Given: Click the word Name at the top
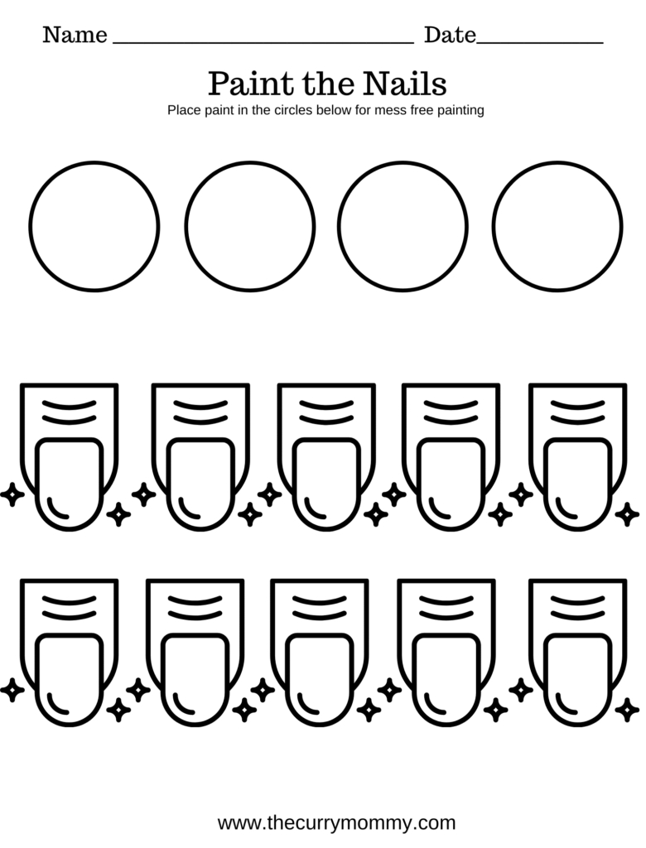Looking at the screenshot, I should tap(75, 35).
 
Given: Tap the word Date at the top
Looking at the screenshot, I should tap(450, 35).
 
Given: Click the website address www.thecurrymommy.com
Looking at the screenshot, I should tap(336, 822).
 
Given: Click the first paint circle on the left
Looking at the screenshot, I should tap(94, 226).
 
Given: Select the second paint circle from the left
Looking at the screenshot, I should tap(250, 226).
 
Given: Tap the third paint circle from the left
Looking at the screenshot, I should tap(403, 226).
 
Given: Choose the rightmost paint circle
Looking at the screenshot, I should tap(557, 226).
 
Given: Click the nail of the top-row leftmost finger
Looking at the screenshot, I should tap(70, 484).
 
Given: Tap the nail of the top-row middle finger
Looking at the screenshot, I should tap(326, 484).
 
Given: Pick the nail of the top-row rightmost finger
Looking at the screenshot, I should tap(577, 484).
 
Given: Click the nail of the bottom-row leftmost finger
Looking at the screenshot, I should tap(70, 680).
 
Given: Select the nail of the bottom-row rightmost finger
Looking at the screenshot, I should tap(577, 680).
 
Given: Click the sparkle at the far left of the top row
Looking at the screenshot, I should tap(12, 495).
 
